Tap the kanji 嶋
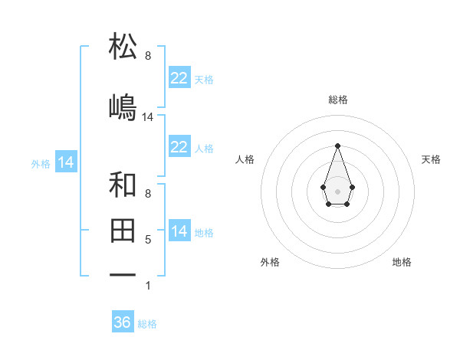click(x=123, y=107)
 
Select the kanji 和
click(x=123, y=185)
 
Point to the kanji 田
click(x=123, y=229)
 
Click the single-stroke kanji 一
click(x=123, y=274)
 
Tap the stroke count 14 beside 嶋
click(x=148, y=117)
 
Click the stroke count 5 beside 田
click(x=148, y=240)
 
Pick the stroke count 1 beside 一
click(x=148, y=286)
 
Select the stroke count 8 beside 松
click(x=148, y=55)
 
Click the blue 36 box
click(x=123, y=322)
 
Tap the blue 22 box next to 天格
click(x=179, y=78)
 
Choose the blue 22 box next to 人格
click(x=179, y=147)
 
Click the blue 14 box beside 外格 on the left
click(x=65, y=162)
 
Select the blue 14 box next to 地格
click(x=179, y=231)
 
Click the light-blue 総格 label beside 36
click(x=147, y=324)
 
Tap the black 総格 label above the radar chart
click(x=337, y=100)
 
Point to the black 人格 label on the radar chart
click(x=245, y=159)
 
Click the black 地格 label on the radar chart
click(x=402, y=262)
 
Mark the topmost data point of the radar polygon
click(x=337, y=145)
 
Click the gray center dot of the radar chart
click(x=337, y=190)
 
